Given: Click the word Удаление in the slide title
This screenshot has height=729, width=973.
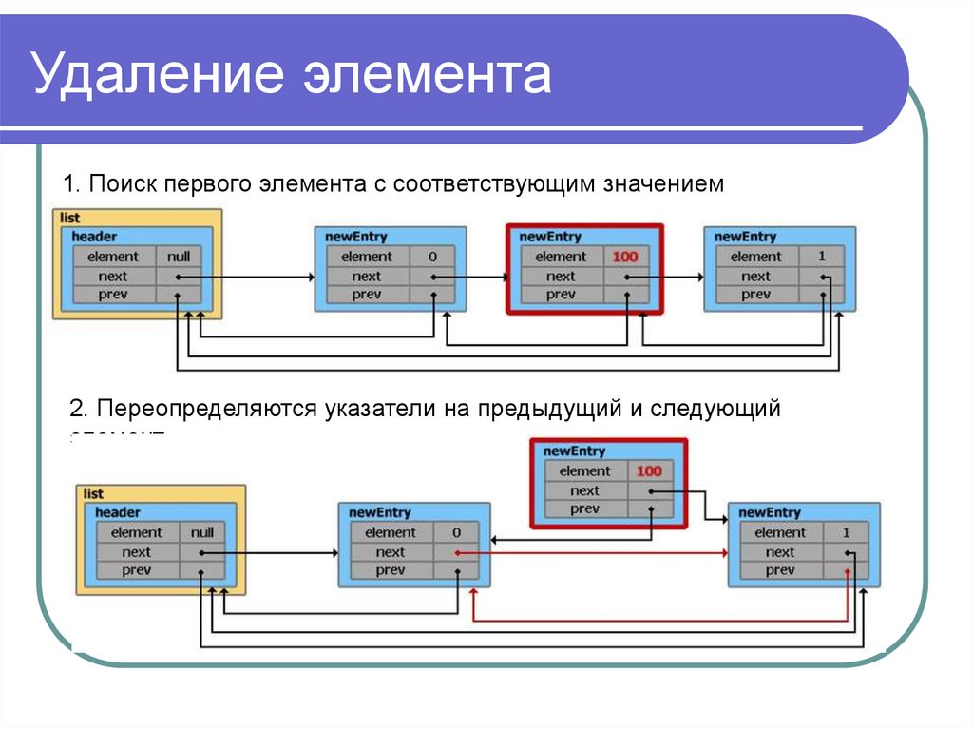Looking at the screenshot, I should (158, 77).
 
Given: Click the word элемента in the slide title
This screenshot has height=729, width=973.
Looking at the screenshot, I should (427, 77).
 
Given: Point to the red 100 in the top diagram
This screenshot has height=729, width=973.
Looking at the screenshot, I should (625, 257).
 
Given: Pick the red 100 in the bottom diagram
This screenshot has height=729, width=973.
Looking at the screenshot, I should (649, 471).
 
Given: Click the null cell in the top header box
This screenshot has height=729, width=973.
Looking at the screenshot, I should (179, 257).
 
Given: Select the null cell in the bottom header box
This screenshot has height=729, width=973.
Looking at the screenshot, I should (202, 532).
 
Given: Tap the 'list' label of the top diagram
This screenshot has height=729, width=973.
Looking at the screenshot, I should (69, 219).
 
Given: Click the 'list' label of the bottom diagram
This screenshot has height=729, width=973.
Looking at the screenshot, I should (93, 494).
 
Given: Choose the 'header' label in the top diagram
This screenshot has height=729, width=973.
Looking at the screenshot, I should (94, 237).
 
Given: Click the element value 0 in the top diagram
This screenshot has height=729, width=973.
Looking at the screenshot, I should (432, 257).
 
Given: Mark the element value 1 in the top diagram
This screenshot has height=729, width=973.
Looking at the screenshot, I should (822, 257).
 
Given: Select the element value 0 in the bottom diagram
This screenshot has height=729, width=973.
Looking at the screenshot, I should (456, 532).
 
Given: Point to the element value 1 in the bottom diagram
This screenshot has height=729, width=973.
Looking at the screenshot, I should (846, 532).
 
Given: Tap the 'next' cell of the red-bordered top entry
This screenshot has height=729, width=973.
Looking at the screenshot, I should (561, 277).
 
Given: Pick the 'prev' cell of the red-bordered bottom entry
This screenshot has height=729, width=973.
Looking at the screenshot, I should (584, 509).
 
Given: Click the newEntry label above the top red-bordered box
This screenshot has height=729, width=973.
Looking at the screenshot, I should (550, 237).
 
